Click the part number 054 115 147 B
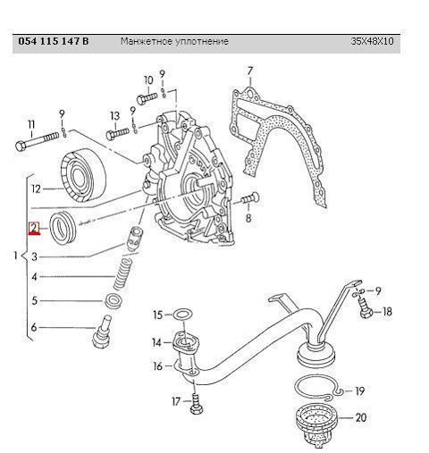pyautogui.click(x=54, y=41)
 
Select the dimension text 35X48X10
pyautogui.click(x=372, y=41)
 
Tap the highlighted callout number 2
pyautogui.click(x=34, y=228)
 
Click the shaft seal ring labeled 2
pyautogui.click(x=64, y=228)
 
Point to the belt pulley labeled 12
pyautogui.click(x=84, y=175)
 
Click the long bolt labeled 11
pyautogui.click(x=37, y=141)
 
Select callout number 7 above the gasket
pyautogui.click(x=250, y=71)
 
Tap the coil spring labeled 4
pyautogui.click(x=122, y=274)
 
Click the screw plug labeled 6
pyautogui.click(x=102, y=331)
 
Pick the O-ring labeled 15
pyautogui.click(x=182, y=315)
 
